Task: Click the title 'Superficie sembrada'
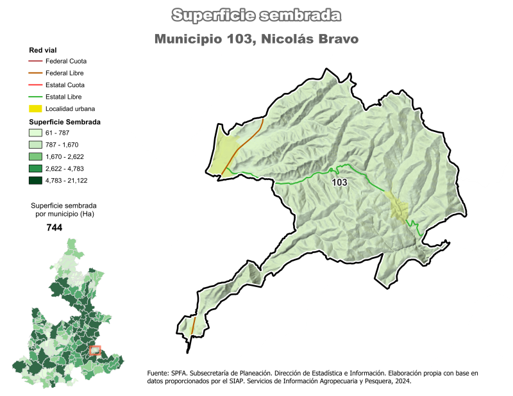click(x=256, y=15)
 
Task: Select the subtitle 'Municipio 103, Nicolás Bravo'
click(x=256, y=39)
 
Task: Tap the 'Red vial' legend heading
click(x=43, y=50)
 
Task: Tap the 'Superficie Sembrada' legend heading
click(x=65, y=122)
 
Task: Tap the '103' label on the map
click(x=339, y=183)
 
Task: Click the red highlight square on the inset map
click(x=96, y=350)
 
